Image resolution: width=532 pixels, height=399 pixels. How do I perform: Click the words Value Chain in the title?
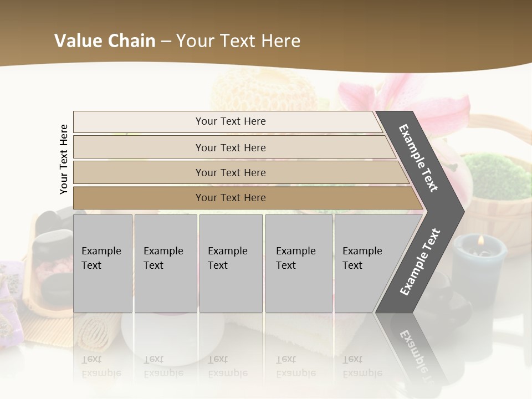pos(105,41)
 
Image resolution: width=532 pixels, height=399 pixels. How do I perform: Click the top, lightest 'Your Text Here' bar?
pos(231,121)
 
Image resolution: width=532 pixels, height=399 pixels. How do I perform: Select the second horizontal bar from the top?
pos(231,147)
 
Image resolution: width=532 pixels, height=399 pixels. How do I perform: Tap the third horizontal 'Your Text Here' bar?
pos(231,172)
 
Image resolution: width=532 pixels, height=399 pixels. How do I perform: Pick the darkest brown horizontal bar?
pos(231,198)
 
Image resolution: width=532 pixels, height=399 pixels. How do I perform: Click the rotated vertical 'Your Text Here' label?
pos(64,159)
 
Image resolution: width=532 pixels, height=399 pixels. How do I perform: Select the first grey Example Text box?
pos(103,263)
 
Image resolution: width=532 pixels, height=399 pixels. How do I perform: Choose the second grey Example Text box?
pos(165,263)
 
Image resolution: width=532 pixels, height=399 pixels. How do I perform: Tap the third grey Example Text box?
pos(231,263)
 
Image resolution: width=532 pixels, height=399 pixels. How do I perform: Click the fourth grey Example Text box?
pos(298,263)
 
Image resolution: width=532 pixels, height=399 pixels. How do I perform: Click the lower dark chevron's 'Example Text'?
pos(420,262)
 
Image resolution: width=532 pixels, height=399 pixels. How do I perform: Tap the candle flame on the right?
pos(480,241)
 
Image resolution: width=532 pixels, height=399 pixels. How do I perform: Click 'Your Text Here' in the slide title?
pos(238,41)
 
